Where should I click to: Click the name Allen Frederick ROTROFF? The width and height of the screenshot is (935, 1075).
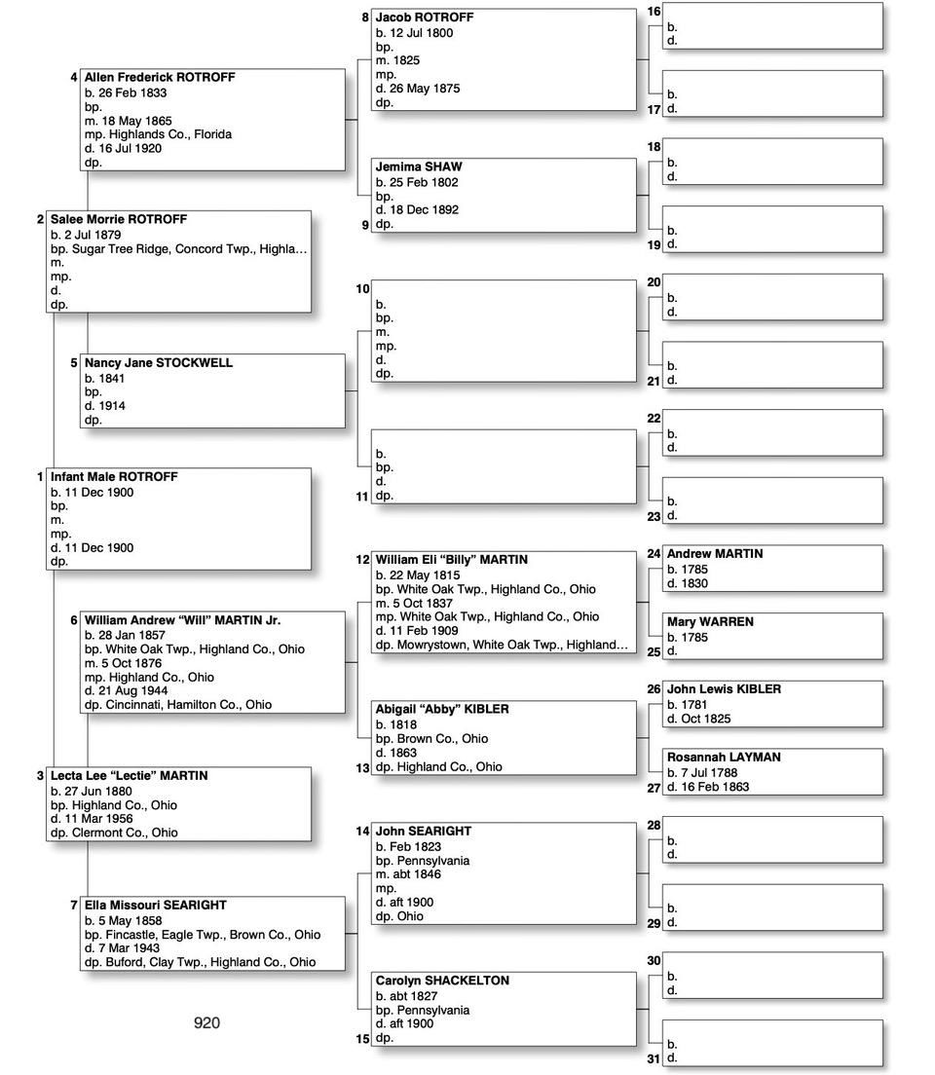tap(160, 78)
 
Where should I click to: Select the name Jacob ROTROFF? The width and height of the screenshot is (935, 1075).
tap(425, 18)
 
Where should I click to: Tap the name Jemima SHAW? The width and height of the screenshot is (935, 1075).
tap(419, 167)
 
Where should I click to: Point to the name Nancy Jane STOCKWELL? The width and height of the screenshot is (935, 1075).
tap(159, 363)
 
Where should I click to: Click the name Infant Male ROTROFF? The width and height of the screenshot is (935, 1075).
tap(114, 477)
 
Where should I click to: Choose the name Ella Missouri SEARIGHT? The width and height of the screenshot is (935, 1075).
tap(156, 906)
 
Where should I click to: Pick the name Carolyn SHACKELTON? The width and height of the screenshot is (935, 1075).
tap(442, 981)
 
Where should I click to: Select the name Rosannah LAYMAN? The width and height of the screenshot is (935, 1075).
tap(724, 758)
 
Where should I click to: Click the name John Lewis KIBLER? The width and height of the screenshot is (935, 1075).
tap(724, 689)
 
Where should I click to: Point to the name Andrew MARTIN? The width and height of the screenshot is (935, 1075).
tap(715, 554)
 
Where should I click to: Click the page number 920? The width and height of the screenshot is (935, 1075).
tap(206, 1022)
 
